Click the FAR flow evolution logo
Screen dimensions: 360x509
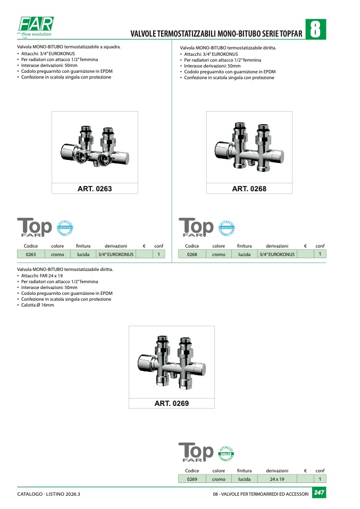(x=36, y=27)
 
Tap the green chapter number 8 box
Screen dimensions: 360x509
(x=315, y=29)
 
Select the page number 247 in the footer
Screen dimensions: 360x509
(x=319, y=493)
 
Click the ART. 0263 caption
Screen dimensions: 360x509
(x=95, y=189)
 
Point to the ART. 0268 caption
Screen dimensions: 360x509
(x=249, y=189)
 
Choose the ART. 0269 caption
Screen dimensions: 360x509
(x=172, y=403)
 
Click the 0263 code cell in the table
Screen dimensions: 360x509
(x=31, y=254)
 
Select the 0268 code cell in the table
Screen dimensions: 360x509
(x=192, y=254)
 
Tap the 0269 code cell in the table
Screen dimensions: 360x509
(x=192, y=479)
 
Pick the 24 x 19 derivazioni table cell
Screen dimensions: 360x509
(x=277, y=479)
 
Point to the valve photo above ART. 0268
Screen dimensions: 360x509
(x=249, y=147)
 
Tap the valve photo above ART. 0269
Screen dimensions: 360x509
(x=172, y=362)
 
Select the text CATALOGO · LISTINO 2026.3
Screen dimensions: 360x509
(x=49, y=494)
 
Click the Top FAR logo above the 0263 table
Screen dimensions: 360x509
(x=35, y=227)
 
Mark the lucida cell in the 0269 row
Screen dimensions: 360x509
(x=244, y=479)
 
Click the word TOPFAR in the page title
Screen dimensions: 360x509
(x=291, y=33)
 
